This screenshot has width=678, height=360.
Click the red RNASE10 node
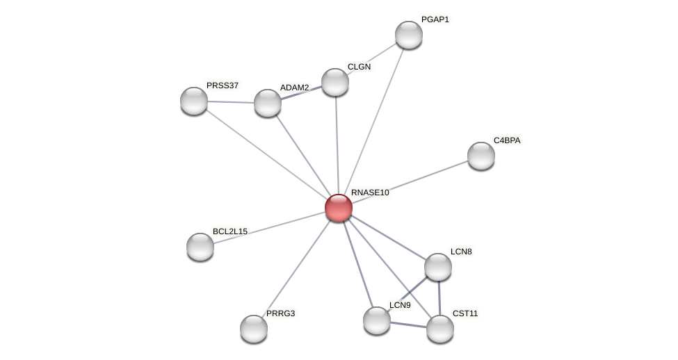pyautogui.click(x=339, y=208)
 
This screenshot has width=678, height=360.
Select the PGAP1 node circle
pyautogui.click(x=409, y=35)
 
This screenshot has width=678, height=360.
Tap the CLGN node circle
pyautogui.click(x=335, y=82)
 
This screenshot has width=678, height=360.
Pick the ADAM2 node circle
pyautogui.click(x=268, y=103)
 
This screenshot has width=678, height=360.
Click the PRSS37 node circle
pyautogui.click(x=194, y=101)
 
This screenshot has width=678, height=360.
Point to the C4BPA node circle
pyautogui.click(x=481, y=156)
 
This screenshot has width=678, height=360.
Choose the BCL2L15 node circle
pyautogui.click(x=200, y=247)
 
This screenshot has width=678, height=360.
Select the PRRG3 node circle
pyautogui.click(x=254, y=329)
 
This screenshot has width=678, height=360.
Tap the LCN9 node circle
pyautogui.click(x=377, y=320)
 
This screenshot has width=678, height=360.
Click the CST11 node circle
pyautogui.click(x=440, y=329)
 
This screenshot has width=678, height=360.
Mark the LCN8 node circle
pyautogui.click(x=438, y=267)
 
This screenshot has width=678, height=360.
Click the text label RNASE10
pyautogui.click(x=370, y=193)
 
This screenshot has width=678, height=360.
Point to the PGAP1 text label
pyautogui.click(x=435, y=19)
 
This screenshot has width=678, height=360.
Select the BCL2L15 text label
pyautogui.click(x=229, y=231)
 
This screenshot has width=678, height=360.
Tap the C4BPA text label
pyautogui.click(x=507, y=140)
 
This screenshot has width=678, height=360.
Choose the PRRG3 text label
pyautogui.click(x=280, y=313)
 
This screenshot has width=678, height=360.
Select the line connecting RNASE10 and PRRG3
pyautogui.click(x=296, y=268)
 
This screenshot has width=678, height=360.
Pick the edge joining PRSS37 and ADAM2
pyautogui.click(x=231, y=102)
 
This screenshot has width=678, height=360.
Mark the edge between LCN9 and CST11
pyautogui.click(x=409, y=325)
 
